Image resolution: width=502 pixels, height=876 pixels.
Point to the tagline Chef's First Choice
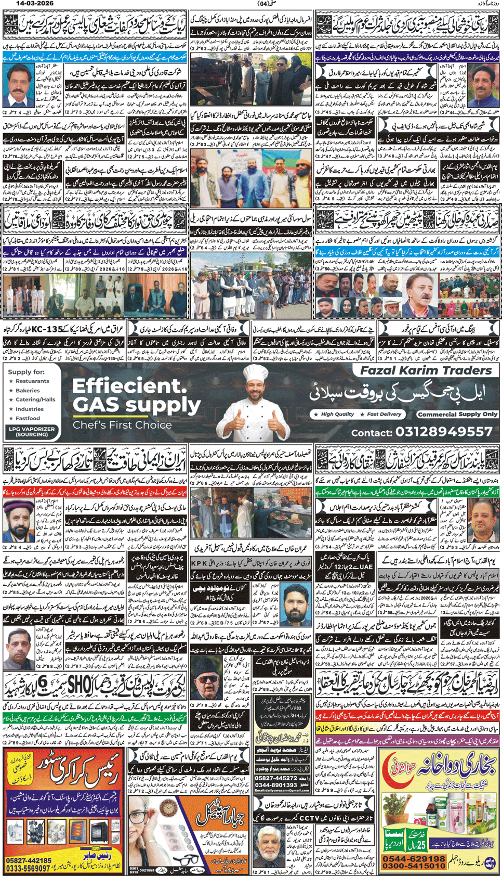click(122, 425)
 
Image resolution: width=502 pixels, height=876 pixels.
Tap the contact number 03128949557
click(444, 432)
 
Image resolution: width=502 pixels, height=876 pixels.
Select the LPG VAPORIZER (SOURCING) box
click(32, 431)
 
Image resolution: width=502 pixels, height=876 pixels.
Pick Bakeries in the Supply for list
click(27, 391)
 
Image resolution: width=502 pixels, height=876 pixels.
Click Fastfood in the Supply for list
click(28, 418)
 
